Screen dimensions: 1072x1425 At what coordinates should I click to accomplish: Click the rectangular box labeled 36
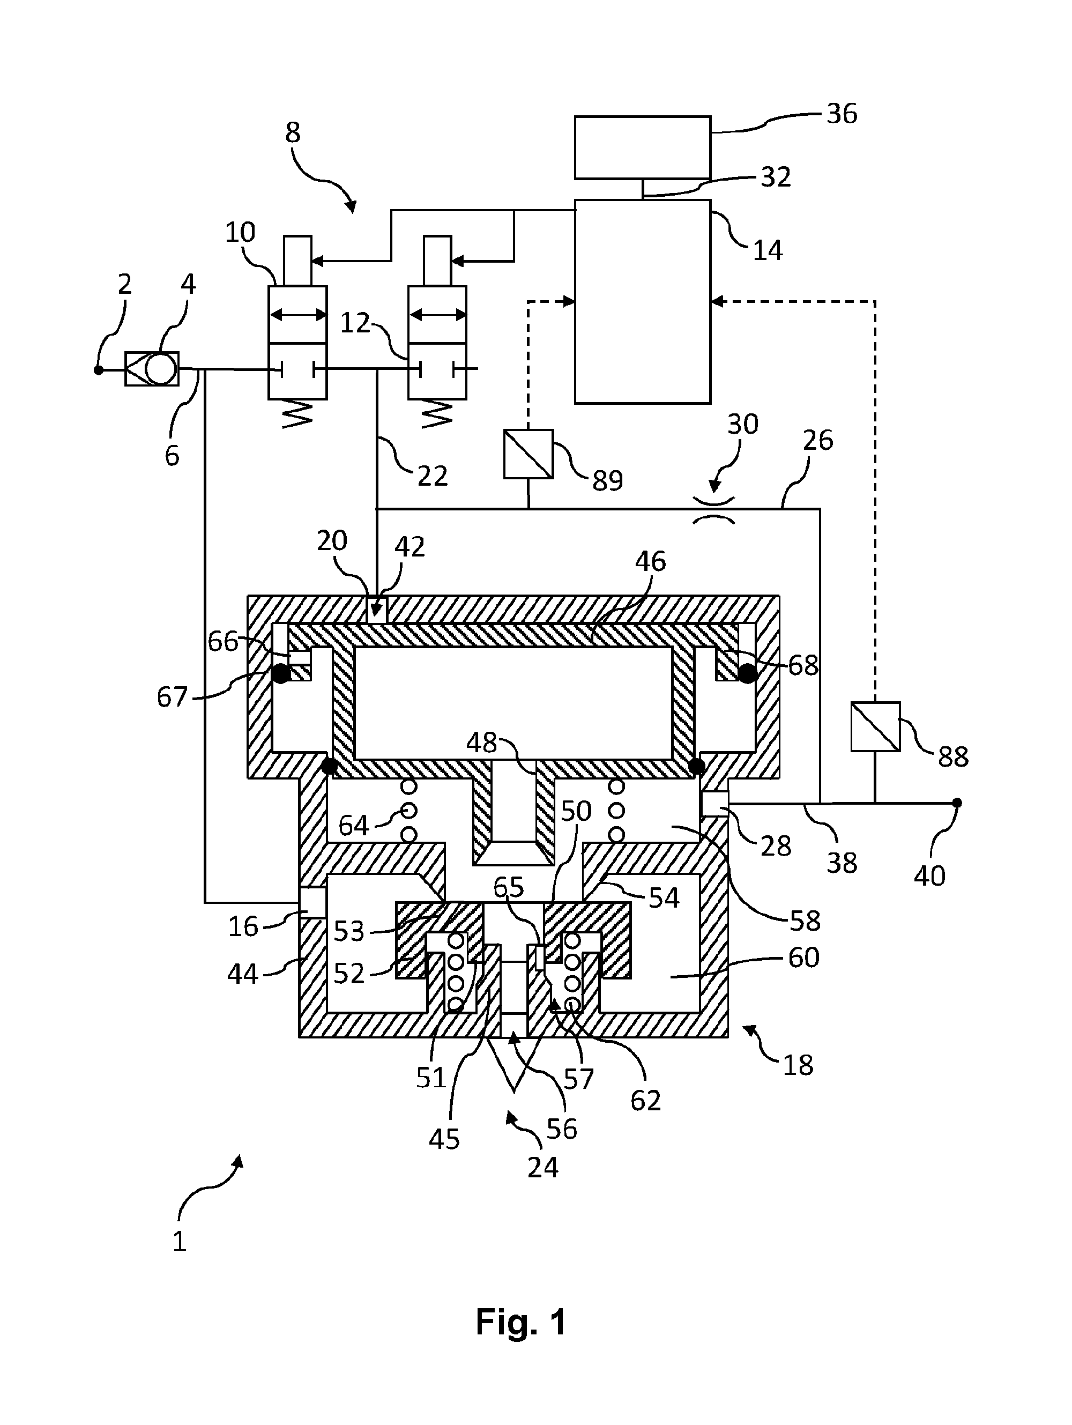[642, 147]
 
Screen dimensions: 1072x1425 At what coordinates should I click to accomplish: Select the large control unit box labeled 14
[642, 301]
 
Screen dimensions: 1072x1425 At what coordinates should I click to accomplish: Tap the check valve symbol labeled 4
[152, 369]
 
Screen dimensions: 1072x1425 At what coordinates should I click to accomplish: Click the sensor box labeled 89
[528, 454]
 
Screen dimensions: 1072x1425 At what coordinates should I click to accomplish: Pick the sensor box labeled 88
[875, 726]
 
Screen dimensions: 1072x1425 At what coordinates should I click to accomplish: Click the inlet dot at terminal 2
[98, 370]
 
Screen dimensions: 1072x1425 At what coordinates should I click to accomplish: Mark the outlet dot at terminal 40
[957, 803]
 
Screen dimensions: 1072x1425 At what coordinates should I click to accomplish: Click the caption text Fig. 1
[521, 1323]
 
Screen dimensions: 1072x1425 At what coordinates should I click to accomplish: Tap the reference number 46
[650, 561]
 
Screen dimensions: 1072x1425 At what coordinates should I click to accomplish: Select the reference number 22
[432, 476]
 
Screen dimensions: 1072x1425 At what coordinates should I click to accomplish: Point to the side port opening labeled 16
[313, 902]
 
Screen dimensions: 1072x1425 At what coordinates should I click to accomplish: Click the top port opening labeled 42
[376, 610]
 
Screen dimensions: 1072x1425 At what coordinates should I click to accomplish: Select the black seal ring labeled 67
[281, 674]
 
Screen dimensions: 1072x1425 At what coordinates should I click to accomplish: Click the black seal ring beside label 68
[747, 674]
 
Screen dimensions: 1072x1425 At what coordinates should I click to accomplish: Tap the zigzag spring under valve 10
[297, 412]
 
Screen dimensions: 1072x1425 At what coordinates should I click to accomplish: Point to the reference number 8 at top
[293, 133]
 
